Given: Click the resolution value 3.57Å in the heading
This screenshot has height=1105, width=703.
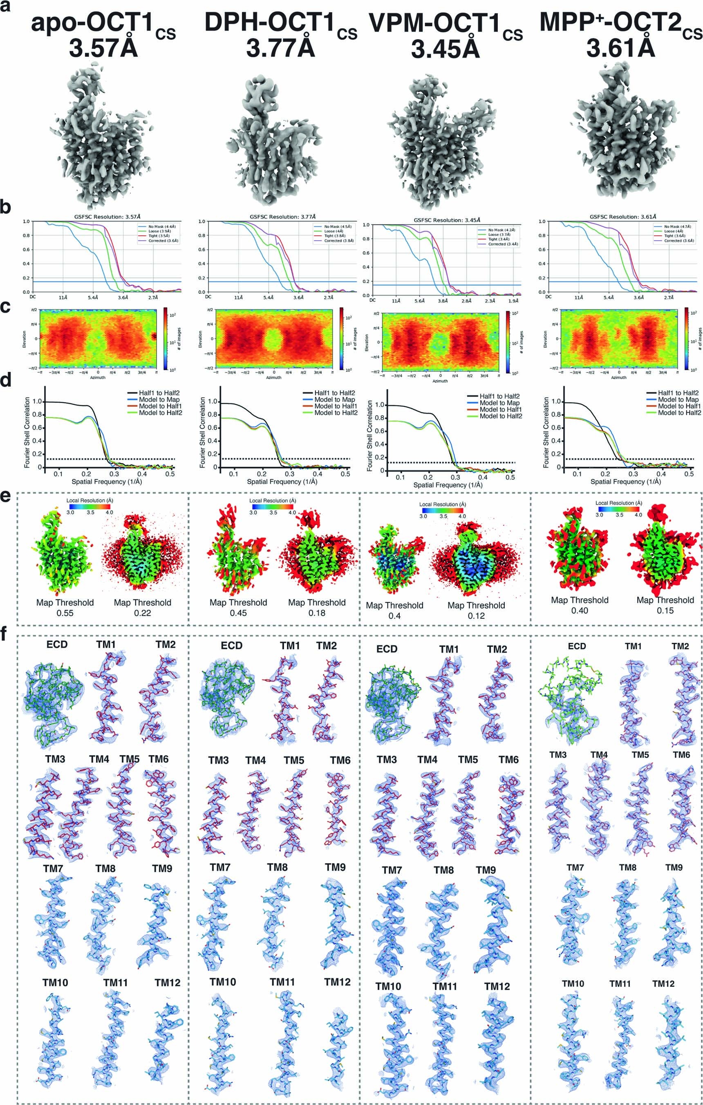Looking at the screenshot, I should (x=103, y=48).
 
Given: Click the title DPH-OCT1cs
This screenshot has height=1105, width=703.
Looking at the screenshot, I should (x=280, y=23).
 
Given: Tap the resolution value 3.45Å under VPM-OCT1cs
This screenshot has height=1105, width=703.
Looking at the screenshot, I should (x=445, y=49).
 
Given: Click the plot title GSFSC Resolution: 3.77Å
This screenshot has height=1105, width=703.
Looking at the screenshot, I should (x=282, y=217).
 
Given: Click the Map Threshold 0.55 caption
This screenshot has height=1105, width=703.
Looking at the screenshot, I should (x=65, y=608).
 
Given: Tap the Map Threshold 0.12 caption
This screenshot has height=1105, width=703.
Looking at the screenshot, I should (x=476, y=610).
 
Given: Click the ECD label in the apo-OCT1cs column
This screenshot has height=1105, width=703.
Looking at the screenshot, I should (x=57, y=644).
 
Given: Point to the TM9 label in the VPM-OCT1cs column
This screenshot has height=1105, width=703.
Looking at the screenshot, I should (x=486, y=870).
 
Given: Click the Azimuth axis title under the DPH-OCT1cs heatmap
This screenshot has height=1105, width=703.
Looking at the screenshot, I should (x=274, y=378).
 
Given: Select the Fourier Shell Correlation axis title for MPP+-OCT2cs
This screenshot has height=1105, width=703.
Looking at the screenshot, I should (x=546, y=432).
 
